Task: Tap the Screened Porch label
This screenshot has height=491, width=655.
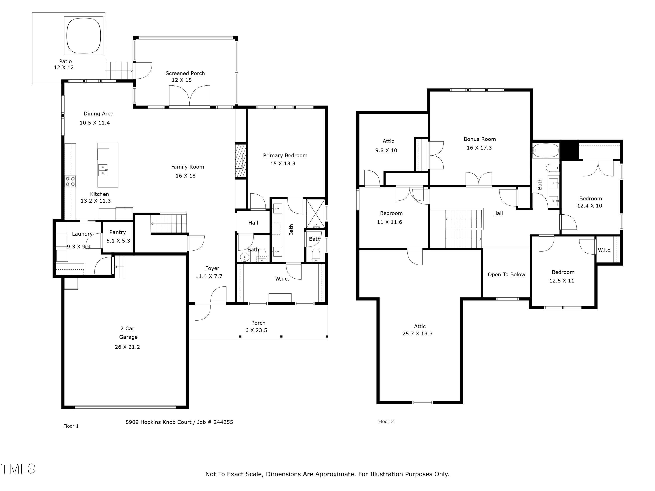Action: tap(185, 73)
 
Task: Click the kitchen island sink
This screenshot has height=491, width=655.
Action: tap(103, 170)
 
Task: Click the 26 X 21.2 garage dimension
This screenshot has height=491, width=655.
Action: tap(127, 347)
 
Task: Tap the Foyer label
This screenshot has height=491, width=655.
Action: tap(212, 268)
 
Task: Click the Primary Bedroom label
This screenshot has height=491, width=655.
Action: tap(285, 155)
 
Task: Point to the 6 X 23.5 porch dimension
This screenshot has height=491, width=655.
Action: tap(256, 330)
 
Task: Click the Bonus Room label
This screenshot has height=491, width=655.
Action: tap(480, 139)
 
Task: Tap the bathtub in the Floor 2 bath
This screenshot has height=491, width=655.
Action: tap(545, 151)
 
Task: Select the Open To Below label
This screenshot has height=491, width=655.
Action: tap(506, 274)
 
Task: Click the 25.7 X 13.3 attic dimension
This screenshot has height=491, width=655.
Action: tap(417, 333)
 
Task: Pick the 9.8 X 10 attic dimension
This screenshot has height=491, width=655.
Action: tap(386, 150)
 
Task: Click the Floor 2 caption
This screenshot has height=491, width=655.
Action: tap(386, 421)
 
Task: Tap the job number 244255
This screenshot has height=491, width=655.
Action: tap(223, 422)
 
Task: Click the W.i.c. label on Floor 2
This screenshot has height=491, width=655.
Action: tap(604, 250)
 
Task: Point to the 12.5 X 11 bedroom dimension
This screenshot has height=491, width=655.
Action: tap(562, 281)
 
